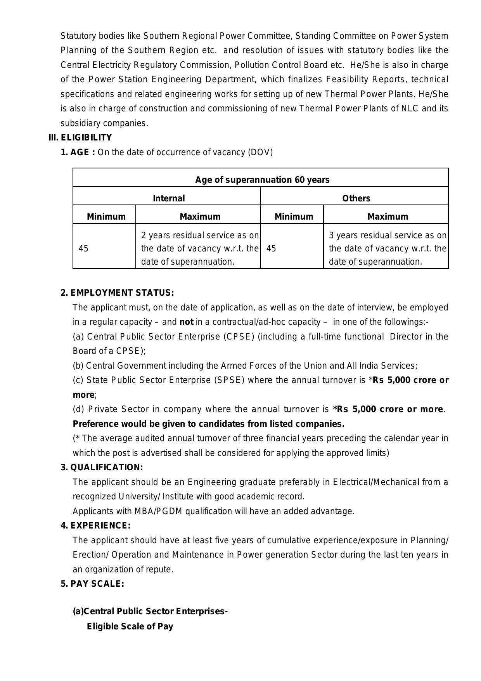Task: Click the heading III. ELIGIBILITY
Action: click(80, 138)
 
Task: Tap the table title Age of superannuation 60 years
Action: click(262, 180)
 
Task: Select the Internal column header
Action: click(169, 198)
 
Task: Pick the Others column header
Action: click(356, 198)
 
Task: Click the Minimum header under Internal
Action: click(106, 217)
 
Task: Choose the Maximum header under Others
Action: click(388, 217)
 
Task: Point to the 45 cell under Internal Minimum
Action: click(83, 248)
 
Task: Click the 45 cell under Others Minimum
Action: click(272, 248)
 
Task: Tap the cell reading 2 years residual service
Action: click(200, 248)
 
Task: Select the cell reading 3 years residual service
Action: click(388, 248)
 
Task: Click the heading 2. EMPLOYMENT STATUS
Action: click(117, 293)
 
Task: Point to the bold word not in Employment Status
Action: click(186, 322)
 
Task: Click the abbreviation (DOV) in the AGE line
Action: click(260, 152)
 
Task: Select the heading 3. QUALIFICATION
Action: click(102, 468)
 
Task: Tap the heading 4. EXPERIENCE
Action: click(95, 526)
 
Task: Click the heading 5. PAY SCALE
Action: click(92, 584)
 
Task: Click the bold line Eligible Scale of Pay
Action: click(130, 626)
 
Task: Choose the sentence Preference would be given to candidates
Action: click(209, 424)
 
